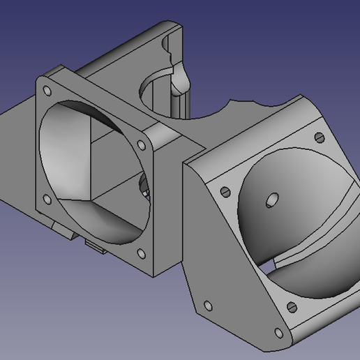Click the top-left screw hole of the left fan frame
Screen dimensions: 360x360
point(46,91)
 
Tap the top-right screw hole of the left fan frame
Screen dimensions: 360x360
point(141,145)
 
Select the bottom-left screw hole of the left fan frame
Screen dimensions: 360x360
point(47,200)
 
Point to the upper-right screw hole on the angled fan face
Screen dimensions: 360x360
point(320,137)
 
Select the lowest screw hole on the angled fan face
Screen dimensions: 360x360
point(291,306)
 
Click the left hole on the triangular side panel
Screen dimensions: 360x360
point(207,305)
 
